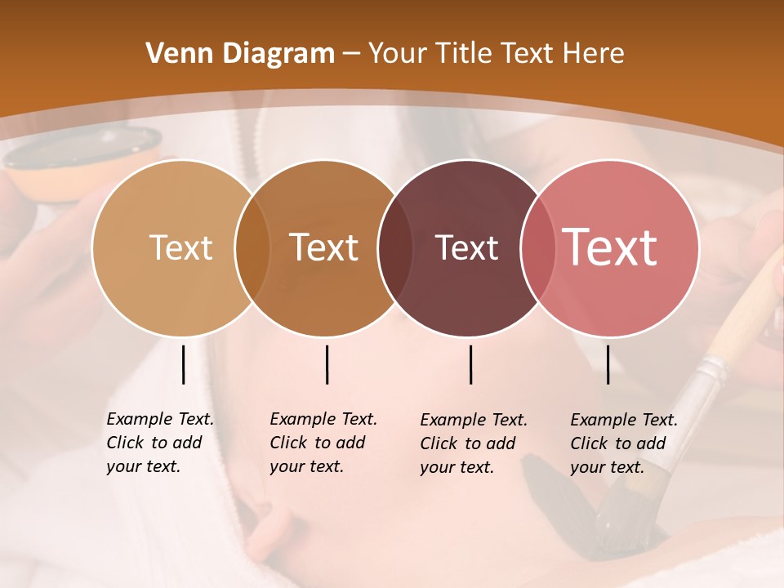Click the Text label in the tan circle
point(180,247)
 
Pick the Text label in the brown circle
point(324,247)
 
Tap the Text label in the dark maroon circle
point(466,247)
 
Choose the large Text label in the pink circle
point(610,247)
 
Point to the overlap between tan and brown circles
point(252,247)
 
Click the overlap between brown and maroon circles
point(395,247)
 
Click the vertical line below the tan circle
point(183,364)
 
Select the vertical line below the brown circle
point(327,364)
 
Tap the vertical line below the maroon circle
point(470,364)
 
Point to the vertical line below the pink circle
point(608,364)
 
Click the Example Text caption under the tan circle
point(160,443)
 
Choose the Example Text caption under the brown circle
point(323,443)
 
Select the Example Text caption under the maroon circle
point(474,443)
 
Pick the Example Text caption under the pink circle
point(624,443)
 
